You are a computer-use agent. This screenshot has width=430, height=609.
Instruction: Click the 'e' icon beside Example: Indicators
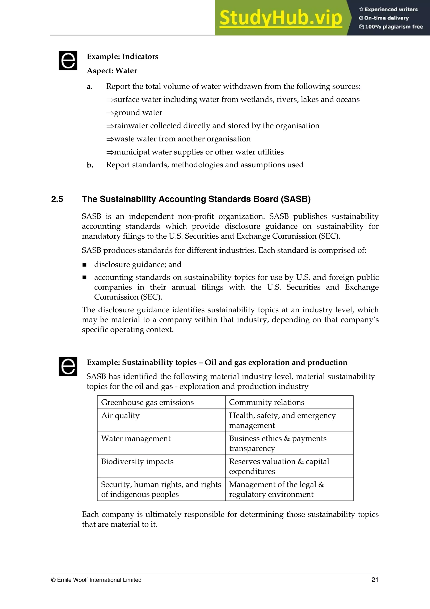68,61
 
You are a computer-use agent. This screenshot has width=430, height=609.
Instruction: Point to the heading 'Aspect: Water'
112,71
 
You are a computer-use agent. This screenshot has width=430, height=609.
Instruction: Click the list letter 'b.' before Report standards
90,165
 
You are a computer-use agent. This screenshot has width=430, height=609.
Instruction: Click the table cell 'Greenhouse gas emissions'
147,402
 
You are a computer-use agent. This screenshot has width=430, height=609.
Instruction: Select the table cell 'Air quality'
120,415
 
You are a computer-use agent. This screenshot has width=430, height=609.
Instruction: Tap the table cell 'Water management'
136,439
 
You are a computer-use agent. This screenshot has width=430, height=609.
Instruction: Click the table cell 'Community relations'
266,402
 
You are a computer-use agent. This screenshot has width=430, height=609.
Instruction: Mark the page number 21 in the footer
375,580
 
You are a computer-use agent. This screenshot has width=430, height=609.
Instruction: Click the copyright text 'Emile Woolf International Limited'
99,580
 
